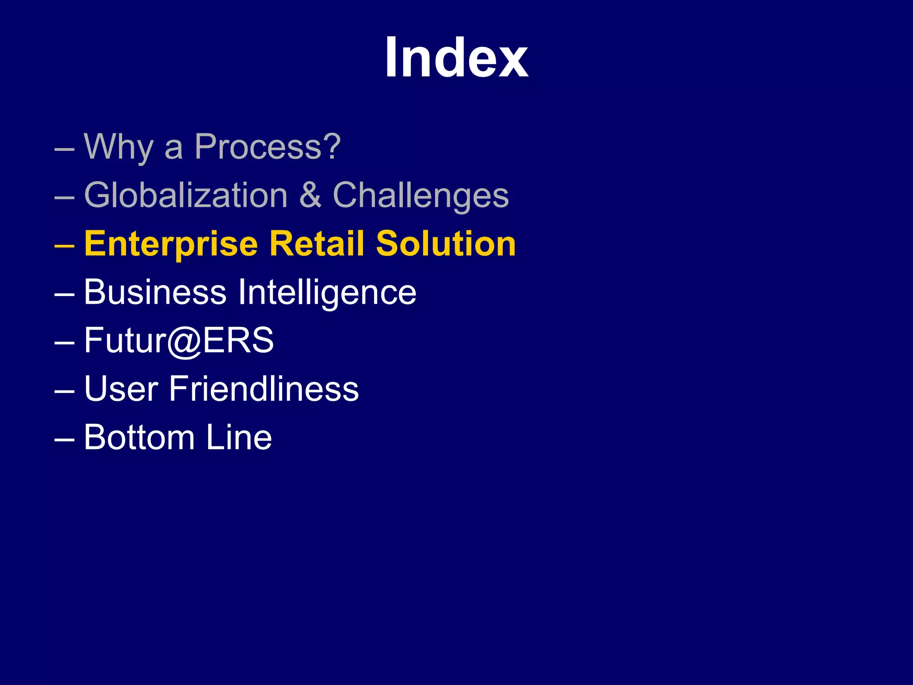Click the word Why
click(119, 147)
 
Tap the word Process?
click(267, 147)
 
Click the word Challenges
click(421, 196)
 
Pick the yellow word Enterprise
click(171, 244)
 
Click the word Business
click(155, 292)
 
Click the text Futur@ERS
click(179, 341)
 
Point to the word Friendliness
click(264, 389)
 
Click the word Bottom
click(140, 437)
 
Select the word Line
click(239, 437)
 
